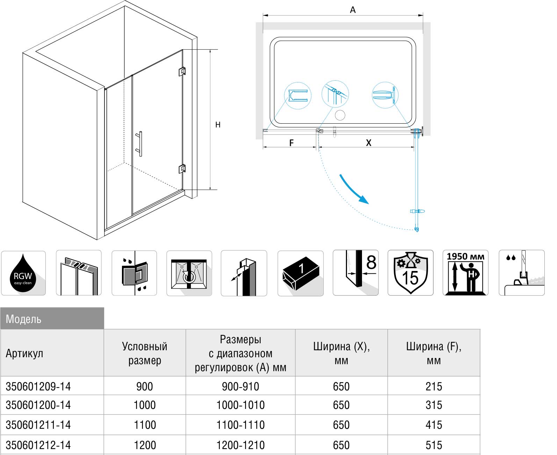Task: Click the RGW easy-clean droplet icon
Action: coord(23,273)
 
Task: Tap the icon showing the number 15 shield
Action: coord(411,273)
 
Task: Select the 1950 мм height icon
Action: coord(465,273)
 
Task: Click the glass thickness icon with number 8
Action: coord(356,273)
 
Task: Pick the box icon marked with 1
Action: coord(301,273)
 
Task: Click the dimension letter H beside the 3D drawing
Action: coord(218,125)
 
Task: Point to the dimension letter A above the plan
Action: coord(353,10)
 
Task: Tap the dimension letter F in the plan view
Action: coord(291,142)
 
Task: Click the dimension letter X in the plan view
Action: coord(368,142)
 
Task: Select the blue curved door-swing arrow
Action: coord(354,189)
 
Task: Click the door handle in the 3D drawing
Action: coord(140,144)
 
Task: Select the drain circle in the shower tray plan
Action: coord(340,115)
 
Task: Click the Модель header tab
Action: coord(52,318)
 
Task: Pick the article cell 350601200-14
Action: coord(38,405)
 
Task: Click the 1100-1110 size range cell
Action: coord(240,425)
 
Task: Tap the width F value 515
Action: coord(434,445)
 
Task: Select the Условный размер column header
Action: coord(145,353)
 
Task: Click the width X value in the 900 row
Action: coord(341,386)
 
